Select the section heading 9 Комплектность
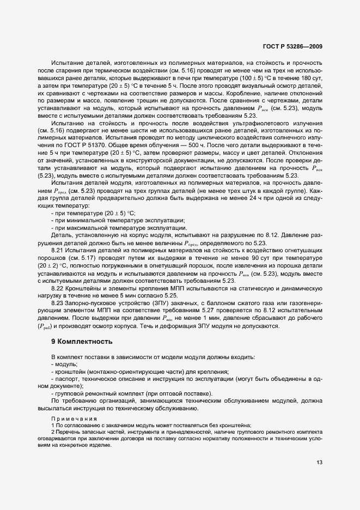pos(82,342)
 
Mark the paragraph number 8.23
pos(57,302)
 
